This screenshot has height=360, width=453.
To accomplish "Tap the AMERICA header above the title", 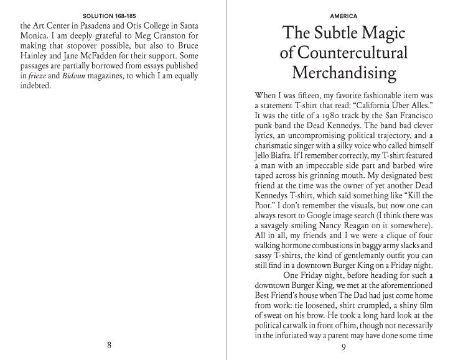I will (343, 15).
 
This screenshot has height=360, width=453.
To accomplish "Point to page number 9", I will (343, 346).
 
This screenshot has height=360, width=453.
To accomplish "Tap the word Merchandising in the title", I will (343, 73).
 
